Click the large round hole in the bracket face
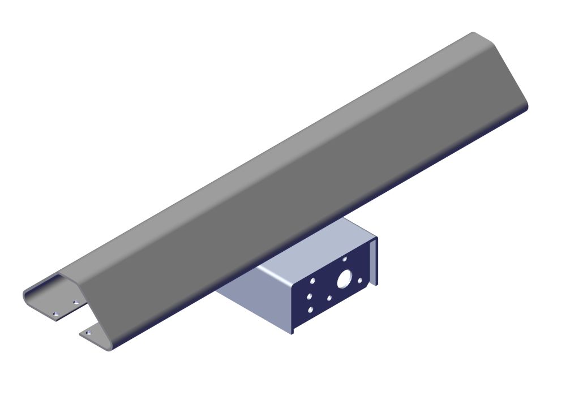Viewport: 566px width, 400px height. coord(344,279)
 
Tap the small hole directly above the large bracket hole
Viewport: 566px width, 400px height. coord(345,259)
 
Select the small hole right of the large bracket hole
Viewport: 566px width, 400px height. coord(360,279)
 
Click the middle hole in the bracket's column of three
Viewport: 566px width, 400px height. coord(310,295)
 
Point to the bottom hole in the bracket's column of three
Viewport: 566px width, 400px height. coord(310,309)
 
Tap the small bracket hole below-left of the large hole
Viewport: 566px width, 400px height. coord(329,296)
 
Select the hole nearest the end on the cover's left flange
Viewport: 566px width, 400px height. coord(55,313)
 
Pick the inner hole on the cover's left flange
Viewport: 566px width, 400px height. coord(75,303)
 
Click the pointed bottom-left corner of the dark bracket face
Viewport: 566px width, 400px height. coord(293,333)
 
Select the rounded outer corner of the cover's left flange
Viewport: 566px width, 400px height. coord(25,295)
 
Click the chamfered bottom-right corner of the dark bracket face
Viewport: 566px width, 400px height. coord(366,291)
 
